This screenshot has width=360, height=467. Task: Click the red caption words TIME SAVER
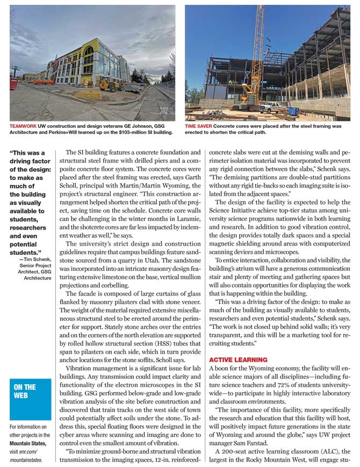pyautogui.click(x=198, y=126)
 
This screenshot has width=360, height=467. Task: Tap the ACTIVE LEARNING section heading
pyautogui.click(x=237, y=360)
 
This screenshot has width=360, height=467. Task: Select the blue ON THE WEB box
pyautogui.click(x=31, y=399)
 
